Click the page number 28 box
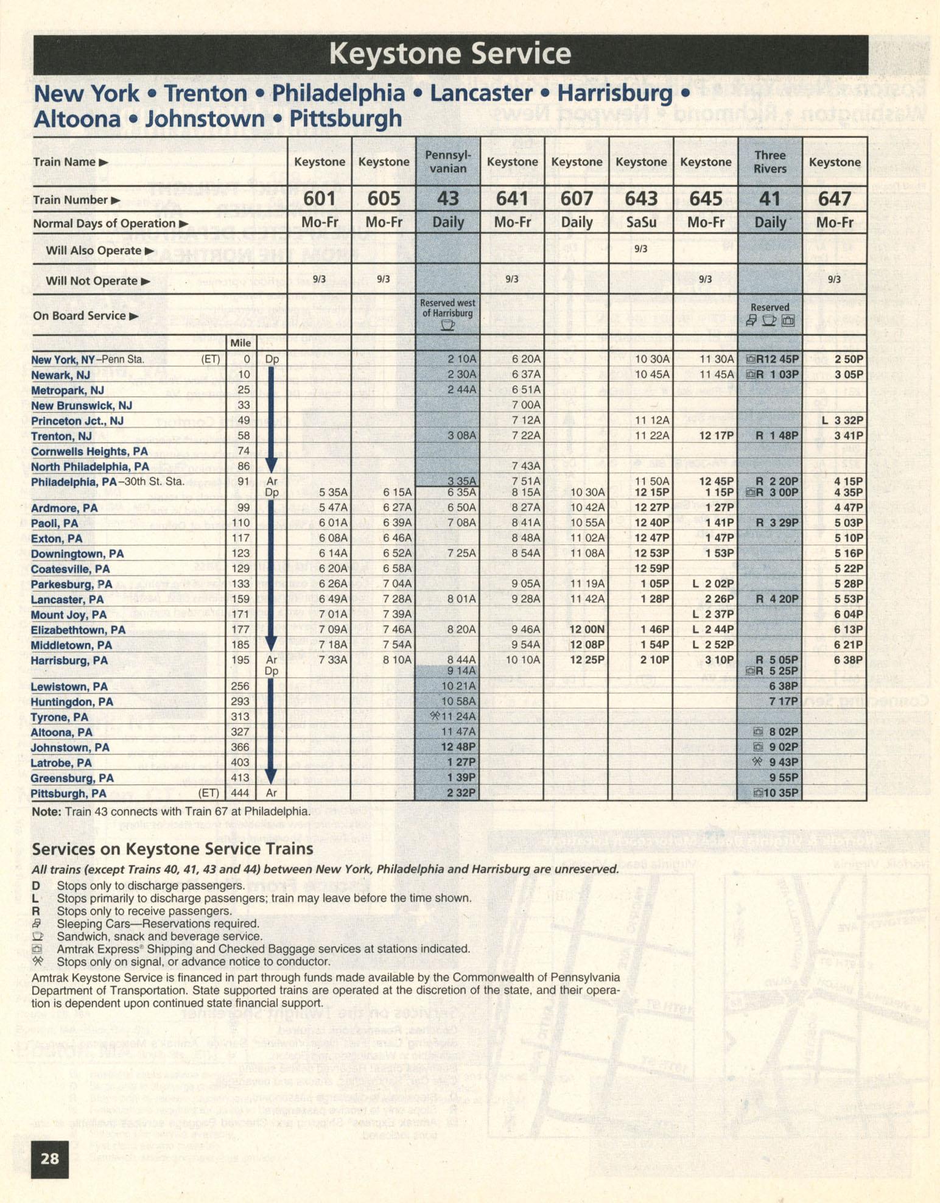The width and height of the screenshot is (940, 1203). point(50,1158)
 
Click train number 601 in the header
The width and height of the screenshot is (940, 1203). point(320,199)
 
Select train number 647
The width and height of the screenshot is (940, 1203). point(834,199)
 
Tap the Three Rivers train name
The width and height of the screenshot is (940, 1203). point(770,162)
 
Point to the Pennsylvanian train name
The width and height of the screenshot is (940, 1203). point(448,162)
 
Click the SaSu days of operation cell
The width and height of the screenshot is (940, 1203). point(641,222)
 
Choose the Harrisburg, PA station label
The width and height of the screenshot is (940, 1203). point(69,661)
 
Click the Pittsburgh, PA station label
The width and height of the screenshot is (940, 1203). point(69,793)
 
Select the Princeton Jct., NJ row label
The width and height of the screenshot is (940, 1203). point(77,421)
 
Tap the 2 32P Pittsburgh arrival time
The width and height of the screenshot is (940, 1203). point(461,793)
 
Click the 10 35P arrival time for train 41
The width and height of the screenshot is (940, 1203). point(780,793)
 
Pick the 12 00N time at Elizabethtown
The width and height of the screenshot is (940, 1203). point(587,630)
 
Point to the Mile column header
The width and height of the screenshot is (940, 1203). point(240,343)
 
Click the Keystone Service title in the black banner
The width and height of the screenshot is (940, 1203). point(450,54)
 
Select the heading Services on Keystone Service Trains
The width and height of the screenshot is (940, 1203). point(172,849)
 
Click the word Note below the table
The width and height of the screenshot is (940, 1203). point(46,812)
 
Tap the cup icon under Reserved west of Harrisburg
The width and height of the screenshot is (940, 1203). point(447,324)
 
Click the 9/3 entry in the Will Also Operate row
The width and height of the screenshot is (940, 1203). point(640,249)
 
